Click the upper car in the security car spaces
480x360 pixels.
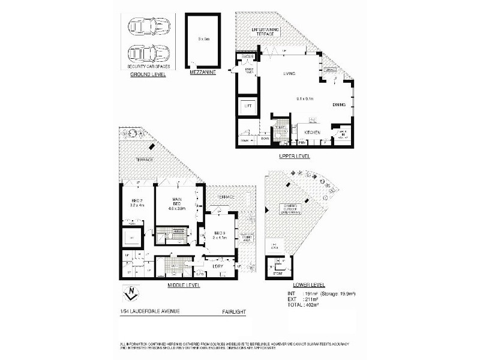(x=149, y=27)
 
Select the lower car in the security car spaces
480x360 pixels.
(x=149, y=52)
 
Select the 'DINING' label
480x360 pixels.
(x=340, y=105)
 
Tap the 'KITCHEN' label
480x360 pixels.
(x=312, y=133)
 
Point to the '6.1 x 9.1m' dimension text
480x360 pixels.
(x=305, y=97)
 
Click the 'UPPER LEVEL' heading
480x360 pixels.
(x=294, y=155)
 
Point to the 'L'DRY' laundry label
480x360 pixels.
(x=218, y=265)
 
